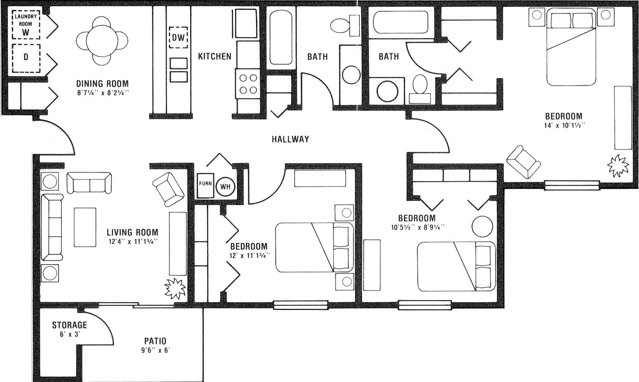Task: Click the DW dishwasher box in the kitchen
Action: [x=178, y=37]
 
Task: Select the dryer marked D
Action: [x=25, y=57]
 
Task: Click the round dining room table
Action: [x=102, y=41]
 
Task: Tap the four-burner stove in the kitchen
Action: [x=248, y=83]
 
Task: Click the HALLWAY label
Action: [x=290, y=139]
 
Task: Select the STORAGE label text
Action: [x=70, y=325]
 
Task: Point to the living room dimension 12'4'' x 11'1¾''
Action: [x=132, y=241]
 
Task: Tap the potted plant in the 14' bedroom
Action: [x=617, y=166]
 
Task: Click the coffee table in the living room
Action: [x=85, y=227]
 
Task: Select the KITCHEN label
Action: [x=214, y=56]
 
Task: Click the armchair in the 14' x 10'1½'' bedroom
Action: [x=524, y=162]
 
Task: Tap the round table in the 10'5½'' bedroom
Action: [x=482, y=227]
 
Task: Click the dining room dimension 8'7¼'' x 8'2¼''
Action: [x=102, y=93]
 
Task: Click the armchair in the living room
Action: [x=168, y=189]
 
